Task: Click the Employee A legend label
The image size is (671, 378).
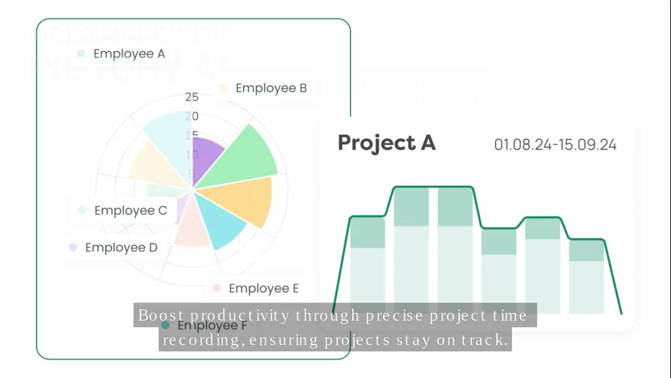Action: point(129,54)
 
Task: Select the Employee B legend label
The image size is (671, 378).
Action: point(271,88)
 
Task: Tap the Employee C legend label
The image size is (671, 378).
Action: point(131,211)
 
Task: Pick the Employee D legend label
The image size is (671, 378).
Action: point(121,247)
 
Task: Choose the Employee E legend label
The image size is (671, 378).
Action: point(264,288)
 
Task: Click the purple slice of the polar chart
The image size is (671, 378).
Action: point(205,157)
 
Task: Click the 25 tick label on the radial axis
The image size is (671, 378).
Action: point(192,97)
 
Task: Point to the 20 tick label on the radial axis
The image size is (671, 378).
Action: point(192,116)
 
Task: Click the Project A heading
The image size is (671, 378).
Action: point(386,143)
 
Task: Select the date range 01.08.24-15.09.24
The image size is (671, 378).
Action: point(555,145)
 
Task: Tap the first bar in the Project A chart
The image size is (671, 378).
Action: point(367,262)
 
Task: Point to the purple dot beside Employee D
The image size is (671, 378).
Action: point(73,247)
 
